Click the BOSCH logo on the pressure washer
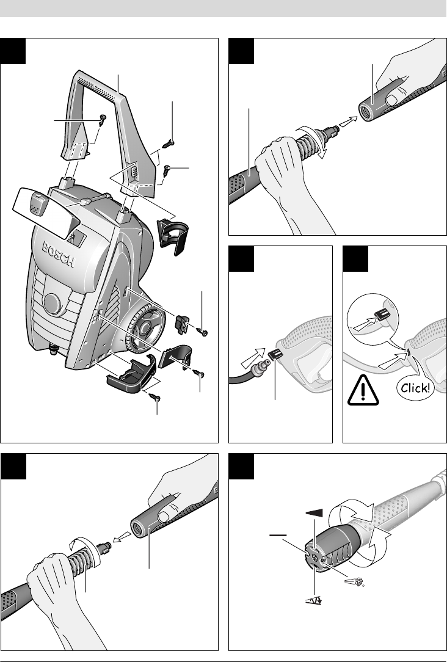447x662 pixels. click(58, 255)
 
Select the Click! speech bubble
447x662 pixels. click(415, 388)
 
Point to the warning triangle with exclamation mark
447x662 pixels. click(363, 390)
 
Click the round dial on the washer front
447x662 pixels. click(53, 304)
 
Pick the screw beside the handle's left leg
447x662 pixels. click(102, 120)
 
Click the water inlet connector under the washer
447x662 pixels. click(53, 349)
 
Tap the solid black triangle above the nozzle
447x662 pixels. click(314, 513)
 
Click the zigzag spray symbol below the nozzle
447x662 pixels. click(313, 600)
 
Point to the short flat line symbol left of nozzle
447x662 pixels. click(278, 536)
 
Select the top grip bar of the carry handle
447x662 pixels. click(96, 84)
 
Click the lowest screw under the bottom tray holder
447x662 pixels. click(155, 398)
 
